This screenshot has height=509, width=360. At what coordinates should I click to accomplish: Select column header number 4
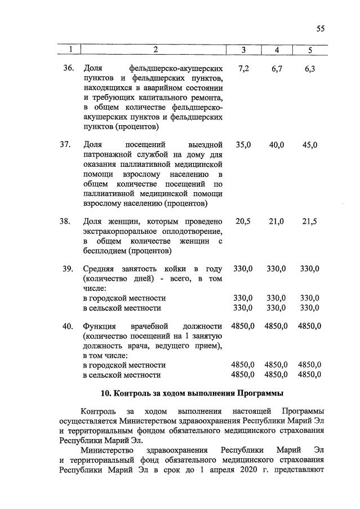click(x=277, y=51)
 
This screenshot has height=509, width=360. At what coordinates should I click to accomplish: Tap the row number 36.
click(x=69, y=68)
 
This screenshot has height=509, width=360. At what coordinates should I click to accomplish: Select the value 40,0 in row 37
click(x=277, y=145)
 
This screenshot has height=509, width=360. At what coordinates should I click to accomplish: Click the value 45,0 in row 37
click(x=310, y=145)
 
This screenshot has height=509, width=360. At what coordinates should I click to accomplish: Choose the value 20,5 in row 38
click(x=243, y=222)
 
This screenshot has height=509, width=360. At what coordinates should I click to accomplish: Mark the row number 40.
click(x=69, y=326)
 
